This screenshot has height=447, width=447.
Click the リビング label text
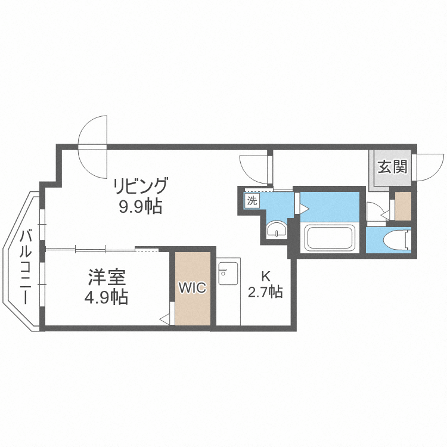click(x=141, y=185)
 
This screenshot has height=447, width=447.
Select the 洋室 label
click(x=107, y=277)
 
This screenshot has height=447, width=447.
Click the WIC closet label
click(x=193, y=288)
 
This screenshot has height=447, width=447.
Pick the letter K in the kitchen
click(x=266, y=276)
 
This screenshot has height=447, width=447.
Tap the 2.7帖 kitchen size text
click(x=265, y=292)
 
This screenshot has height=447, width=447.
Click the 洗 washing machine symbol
click(x=252, y=201)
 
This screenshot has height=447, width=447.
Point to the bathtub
click(x=330, y=238)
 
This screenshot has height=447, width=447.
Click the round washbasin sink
click(x=276, y=229)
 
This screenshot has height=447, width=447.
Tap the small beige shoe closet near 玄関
click(x=403, y=206)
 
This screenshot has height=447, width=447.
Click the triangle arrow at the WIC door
click(x=164, y=319)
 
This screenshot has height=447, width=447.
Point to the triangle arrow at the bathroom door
click(x=303, y=208)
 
